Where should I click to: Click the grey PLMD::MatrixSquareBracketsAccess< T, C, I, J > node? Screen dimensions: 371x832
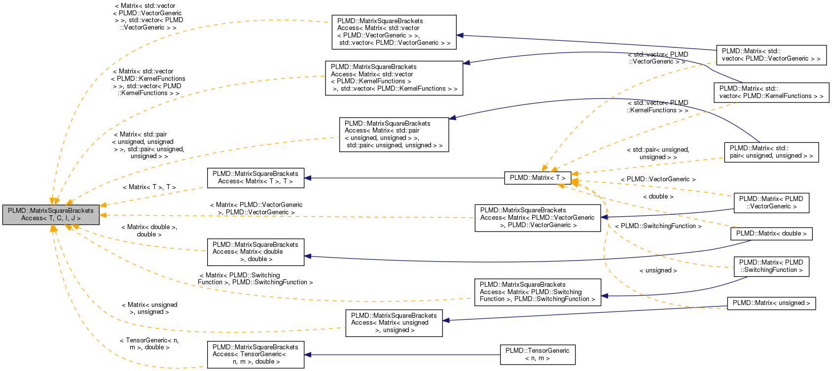(51, 214)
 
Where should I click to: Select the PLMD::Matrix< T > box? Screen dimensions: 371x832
(538, 178)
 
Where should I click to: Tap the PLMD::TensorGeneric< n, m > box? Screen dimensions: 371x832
(537, 354)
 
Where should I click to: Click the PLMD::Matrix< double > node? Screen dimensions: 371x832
(771, 234)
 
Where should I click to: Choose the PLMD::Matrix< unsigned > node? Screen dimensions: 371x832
(771, 303)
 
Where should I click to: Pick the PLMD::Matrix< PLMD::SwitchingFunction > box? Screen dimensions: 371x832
(771, 266)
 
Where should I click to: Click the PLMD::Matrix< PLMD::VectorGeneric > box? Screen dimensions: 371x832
(771, 202)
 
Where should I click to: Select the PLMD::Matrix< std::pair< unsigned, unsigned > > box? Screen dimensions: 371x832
(771, 152)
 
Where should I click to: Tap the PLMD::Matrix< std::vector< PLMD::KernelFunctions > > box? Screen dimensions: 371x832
(771, 92)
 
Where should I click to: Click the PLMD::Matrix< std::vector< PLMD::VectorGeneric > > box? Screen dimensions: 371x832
(771, 55)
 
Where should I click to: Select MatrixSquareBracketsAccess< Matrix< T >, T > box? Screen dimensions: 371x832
(255, 177)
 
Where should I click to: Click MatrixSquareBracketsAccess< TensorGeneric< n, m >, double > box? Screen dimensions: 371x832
(255, 354)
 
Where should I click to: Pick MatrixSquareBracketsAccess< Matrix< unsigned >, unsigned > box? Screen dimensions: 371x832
(394, 323)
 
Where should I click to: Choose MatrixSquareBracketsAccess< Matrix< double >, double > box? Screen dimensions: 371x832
(255, 252)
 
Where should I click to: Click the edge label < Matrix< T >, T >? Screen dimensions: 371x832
(149, 187)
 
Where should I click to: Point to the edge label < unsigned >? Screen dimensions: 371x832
(658, 270)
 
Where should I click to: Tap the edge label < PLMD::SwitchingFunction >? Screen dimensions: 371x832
(658, 226)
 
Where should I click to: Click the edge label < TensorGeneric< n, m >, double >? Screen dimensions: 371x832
(149, 344)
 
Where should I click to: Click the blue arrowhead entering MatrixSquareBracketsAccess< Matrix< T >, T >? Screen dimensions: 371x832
(308, 178)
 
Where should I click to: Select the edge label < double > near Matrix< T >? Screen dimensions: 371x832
(658, 197)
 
